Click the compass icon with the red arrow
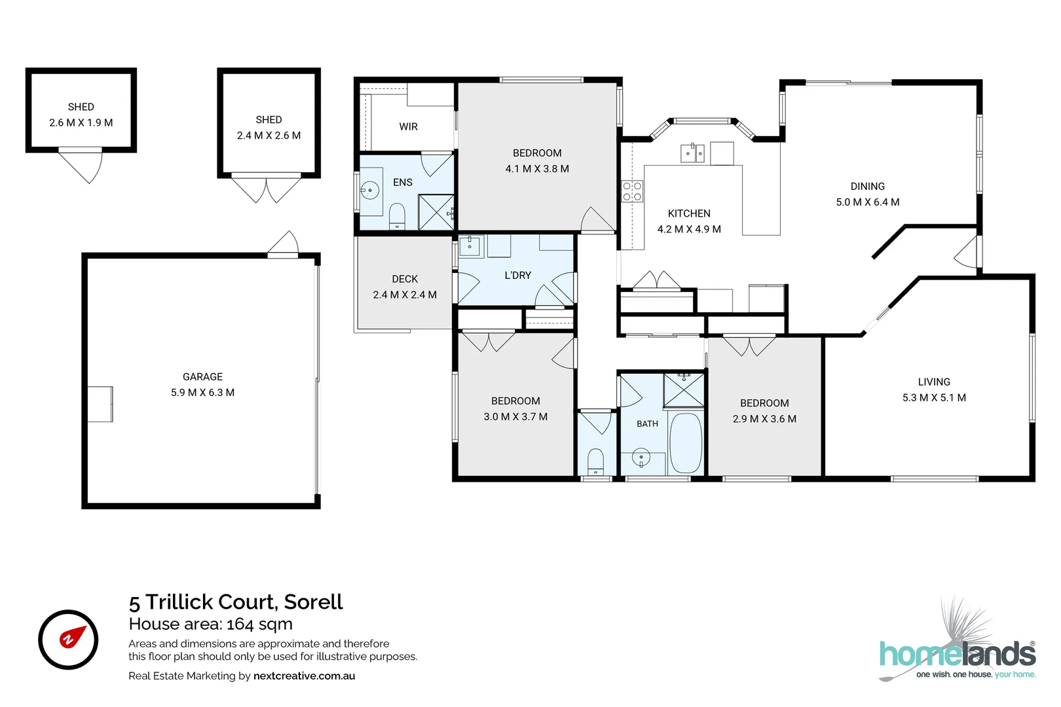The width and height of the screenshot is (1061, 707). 68,640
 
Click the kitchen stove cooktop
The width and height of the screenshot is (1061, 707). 632,191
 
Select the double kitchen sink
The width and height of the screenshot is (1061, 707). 692,153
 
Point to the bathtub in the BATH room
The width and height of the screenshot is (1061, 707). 685,443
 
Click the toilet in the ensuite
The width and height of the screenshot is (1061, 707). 396,217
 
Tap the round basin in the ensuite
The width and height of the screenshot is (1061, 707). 370,191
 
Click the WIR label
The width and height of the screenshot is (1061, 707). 408,127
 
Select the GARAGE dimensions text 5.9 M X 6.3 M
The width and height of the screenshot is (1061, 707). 203,393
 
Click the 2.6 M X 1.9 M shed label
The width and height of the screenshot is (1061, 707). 81,122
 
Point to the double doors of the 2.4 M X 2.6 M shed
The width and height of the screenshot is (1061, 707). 266,190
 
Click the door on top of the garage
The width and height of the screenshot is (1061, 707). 283,244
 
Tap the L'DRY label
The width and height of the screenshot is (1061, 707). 517,275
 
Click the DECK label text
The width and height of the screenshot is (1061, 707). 405,279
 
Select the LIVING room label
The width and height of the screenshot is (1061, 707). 934,382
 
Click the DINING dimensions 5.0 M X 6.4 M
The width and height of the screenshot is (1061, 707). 868,202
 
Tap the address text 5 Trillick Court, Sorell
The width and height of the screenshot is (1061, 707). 236,602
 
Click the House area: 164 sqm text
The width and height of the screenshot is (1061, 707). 211,624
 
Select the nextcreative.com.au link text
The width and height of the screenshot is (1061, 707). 304,676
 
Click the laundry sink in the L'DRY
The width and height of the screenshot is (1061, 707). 470,245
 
